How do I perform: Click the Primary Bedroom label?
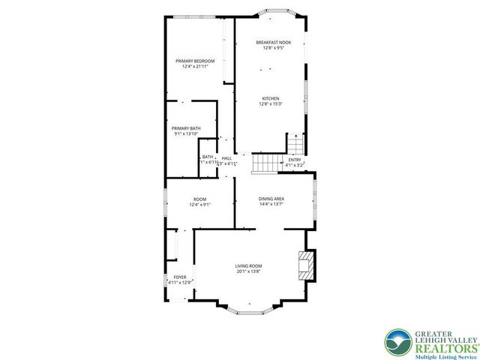coord(195,61)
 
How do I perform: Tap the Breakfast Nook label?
coord(271,42)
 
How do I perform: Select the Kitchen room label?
coord(270,99)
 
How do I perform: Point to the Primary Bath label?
coord(186,129)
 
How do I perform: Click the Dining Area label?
coord(271,199)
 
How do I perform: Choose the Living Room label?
coord(247,266)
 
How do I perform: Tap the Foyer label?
coord(180,277)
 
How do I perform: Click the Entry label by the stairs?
coord(295,159)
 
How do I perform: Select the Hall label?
coord(226,158)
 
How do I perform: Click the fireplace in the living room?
coord(304,265)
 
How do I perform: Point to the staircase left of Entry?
coord(264,162)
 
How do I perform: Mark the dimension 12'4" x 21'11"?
coord(195,67)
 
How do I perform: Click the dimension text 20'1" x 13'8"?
coord(247,272)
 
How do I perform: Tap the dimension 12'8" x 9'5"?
coord(271,48)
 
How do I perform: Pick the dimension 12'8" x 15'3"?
coord(270,105)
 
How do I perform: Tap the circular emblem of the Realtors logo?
coord(398,343)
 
